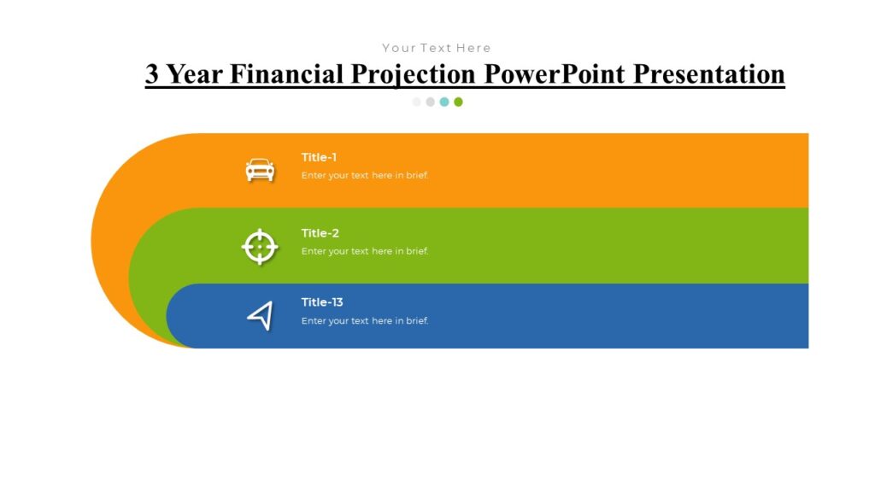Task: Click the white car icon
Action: coord(260,170)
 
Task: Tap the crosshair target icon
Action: coord(260,247)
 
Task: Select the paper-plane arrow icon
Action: coord(260,316)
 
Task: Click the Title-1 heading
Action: coord(319,157)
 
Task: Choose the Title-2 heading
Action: coord(320,233)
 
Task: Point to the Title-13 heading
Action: coord(322,302)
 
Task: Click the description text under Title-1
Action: coord(365,176)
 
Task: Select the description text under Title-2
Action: coord(365,252)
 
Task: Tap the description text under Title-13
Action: coord(365,321)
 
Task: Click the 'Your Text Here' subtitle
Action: coord(437,48)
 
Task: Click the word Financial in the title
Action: coord(286,74)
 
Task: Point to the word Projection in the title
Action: coord(414,74)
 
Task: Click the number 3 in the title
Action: coord(152,74)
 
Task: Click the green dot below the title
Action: coord(458,102)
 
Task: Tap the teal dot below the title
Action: coord(444,102)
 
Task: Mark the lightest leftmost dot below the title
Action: coord(417,102)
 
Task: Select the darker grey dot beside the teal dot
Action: coord(431,102)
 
